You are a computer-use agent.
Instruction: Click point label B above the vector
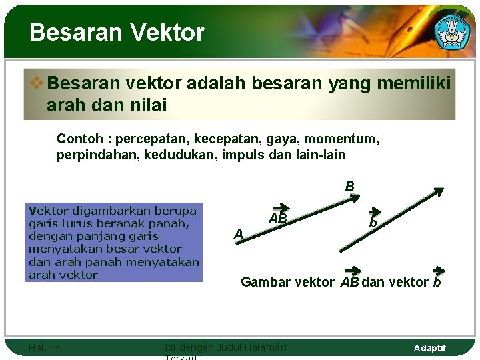349,187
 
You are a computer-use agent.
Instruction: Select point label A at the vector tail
238,233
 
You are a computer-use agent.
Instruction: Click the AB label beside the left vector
278,218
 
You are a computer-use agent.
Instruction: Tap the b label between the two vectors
374,223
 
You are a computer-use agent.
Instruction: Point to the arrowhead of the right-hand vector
440,191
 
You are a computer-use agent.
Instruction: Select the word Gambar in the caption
265,282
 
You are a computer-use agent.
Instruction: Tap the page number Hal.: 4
45,348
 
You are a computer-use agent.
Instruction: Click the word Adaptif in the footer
430,348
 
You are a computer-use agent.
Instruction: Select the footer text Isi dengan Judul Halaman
225,347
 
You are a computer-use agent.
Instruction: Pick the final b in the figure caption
437,281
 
